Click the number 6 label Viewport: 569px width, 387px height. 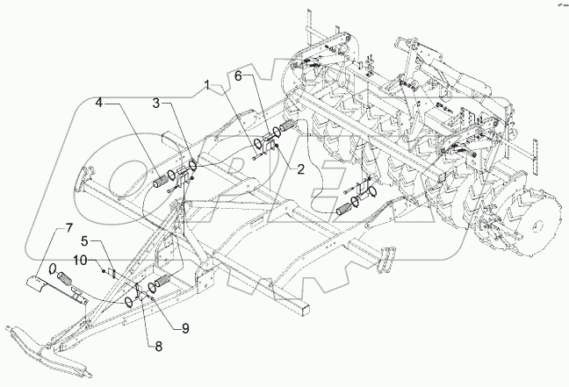tap(236, 77)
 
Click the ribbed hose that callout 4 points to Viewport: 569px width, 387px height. tap(165, 179)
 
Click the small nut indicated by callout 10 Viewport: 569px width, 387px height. tap(106, 271)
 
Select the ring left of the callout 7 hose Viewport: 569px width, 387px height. tap(53, 268)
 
